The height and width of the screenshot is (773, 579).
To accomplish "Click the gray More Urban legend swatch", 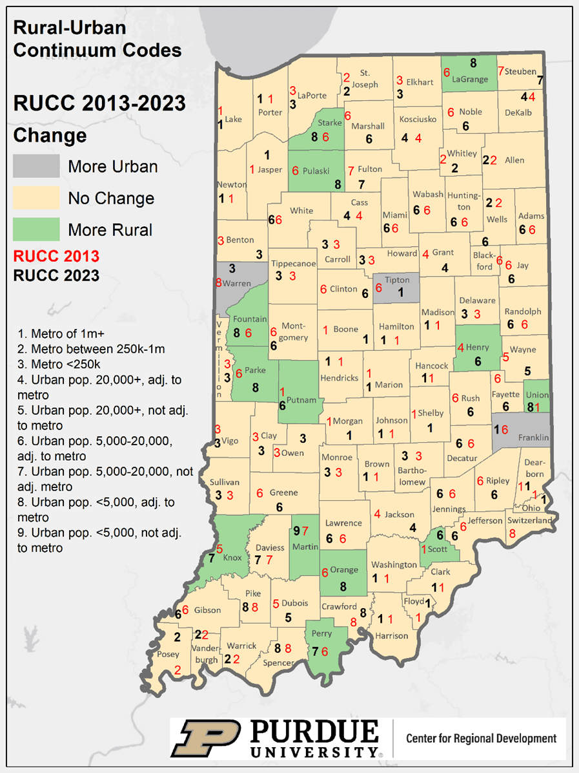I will coord(36,166).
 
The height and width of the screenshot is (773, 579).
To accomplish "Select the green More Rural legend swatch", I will coord(36,229).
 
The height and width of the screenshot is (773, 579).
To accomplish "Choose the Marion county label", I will coord(389,385).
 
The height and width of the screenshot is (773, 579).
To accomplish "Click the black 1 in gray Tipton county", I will coord(400,292).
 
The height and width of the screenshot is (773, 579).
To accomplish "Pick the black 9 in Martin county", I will coord(296,531).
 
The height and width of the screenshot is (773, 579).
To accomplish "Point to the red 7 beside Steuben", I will coord(500,70).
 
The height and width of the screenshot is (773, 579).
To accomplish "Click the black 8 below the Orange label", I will coord(343,587).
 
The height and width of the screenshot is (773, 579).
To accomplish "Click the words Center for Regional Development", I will coord(481,738).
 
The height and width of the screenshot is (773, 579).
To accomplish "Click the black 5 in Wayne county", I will coord(527,371).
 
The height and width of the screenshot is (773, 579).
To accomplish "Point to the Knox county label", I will coord(232,557).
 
